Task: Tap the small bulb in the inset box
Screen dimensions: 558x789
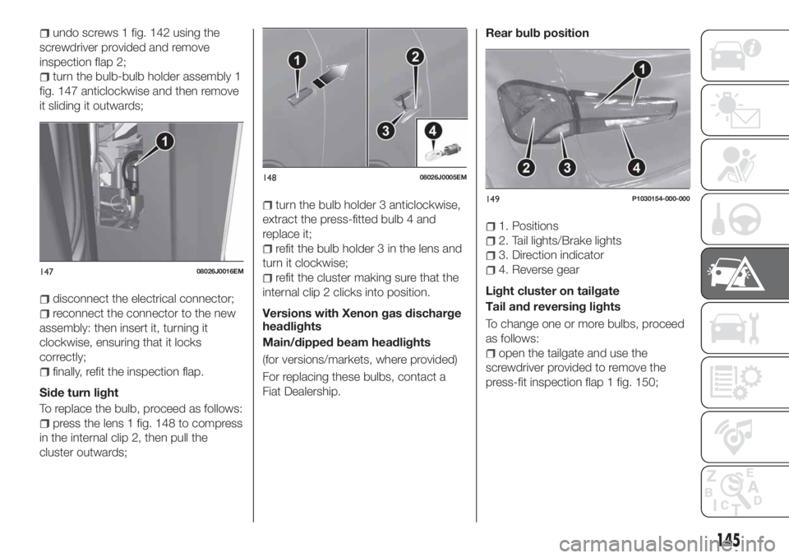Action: (444, 153)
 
